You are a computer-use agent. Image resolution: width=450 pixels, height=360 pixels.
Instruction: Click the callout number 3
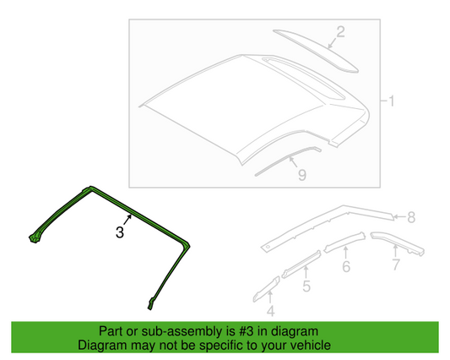[x=120, y=232]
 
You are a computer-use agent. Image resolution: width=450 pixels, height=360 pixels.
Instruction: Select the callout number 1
[x=391, y=101]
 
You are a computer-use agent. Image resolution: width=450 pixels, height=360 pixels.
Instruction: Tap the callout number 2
[x=340, y=32]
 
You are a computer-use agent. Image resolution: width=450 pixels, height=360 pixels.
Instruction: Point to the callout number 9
[x=302, y=175]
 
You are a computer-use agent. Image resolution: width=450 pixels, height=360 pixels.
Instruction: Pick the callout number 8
[x=411, y=217]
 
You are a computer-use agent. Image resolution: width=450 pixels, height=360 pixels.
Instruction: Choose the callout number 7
[x=396, y=265]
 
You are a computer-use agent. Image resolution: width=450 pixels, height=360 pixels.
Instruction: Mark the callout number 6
[x=346, y=266]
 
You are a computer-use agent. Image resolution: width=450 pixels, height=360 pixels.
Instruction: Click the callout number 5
[x=306, y=286]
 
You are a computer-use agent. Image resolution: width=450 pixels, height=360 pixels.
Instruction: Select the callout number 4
[x=271, y=311]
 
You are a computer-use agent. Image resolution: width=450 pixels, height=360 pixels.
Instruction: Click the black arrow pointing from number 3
[x=127, y=220]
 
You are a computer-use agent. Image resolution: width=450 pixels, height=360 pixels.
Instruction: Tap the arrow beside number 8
[x=399, y=216]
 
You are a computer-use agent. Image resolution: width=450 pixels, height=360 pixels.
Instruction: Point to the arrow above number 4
[x=270, y=297]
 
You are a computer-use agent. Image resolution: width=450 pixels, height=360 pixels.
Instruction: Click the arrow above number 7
[x=395, y=251]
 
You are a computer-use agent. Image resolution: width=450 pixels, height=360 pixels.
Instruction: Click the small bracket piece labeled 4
[x=266, y=289]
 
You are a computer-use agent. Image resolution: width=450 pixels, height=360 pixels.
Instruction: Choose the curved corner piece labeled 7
[x=398, y=243]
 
